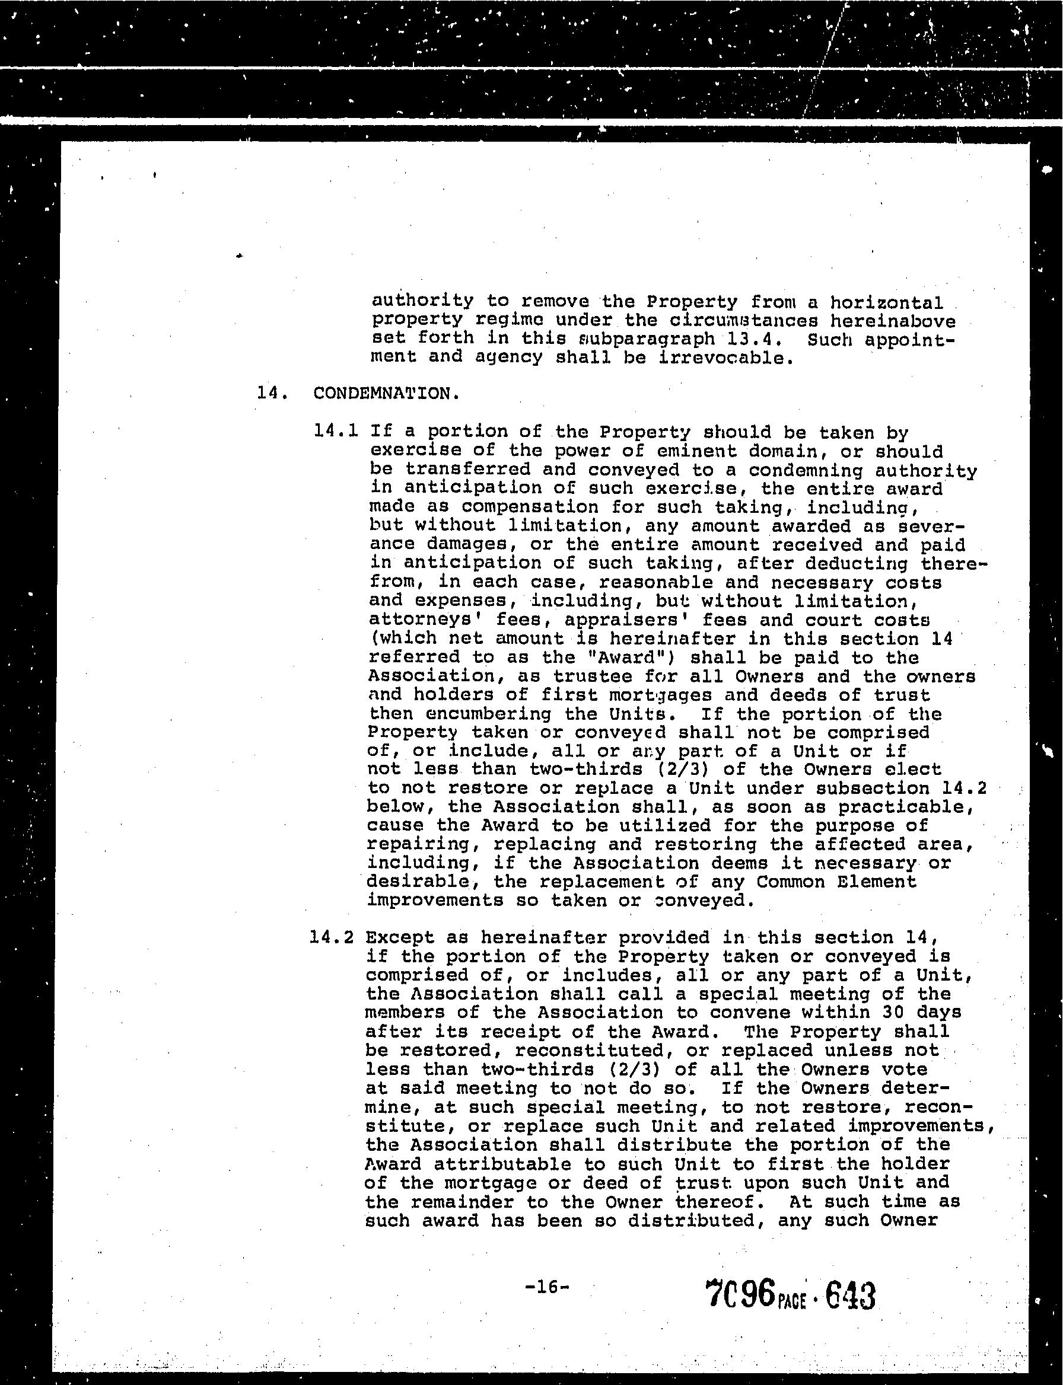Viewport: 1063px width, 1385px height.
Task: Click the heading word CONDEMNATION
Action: click(386, 393)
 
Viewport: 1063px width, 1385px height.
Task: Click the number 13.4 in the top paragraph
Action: click(749, 339)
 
